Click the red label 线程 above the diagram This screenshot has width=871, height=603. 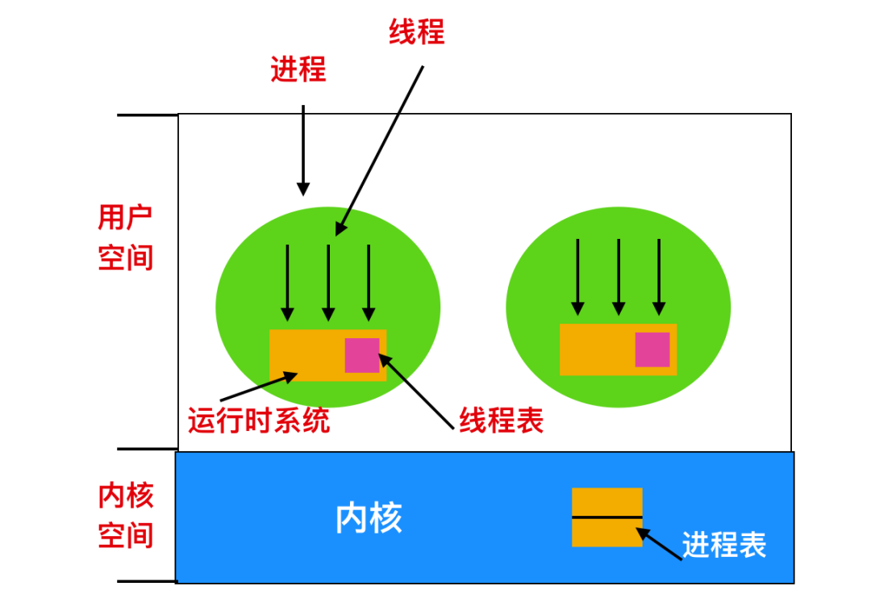417,31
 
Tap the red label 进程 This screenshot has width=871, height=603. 298,69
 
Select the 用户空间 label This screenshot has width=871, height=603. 125,237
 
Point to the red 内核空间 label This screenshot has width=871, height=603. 126,515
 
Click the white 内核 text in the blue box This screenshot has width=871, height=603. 369,518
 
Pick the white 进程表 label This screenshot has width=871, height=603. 723,545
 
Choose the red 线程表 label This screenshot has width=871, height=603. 501,420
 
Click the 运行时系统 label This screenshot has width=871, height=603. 259,420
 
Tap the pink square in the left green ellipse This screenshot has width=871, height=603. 362,355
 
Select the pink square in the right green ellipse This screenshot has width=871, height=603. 652,350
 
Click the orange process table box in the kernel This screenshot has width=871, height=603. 607,517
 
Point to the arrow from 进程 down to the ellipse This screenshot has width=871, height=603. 303,150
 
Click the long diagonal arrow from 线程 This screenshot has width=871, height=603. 379,151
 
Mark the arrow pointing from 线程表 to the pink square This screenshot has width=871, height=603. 416,392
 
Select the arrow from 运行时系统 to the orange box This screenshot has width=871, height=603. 259,386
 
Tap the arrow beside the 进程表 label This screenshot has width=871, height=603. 659,543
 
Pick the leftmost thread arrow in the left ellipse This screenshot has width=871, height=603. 287,283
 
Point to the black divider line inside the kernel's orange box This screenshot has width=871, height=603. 607,517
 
